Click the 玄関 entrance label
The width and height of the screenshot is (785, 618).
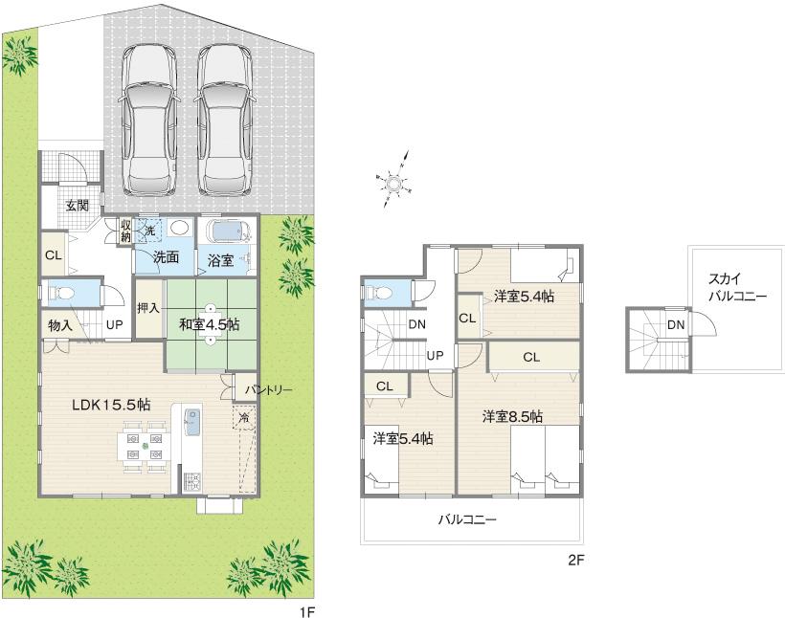[x=78, y=205]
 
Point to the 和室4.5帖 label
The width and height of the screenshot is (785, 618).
[x=209, y=324]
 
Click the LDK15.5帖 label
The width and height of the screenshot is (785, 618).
[x=110, y=404]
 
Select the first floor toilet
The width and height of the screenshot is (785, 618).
[x=60, y=293]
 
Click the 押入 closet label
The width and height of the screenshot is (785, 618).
[x=147, y=309]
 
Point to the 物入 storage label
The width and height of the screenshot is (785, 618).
[x=60, y=325]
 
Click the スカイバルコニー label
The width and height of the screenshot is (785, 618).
[x=737, y=289]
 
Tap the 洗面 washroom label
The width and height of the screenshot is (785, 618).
[x=166, y=256]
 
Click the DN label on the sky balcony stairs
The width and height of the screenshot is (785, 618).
[x=676, y=325]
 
